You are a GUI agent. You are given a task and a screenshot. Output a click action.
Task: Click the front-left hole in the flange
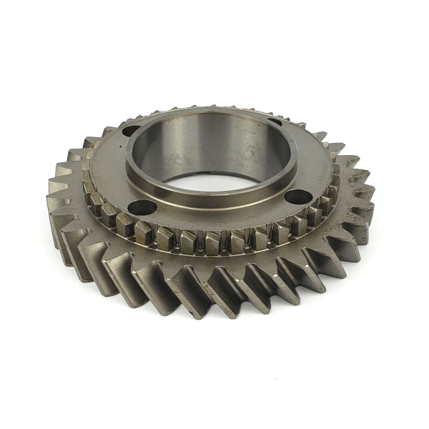tap(142, 207)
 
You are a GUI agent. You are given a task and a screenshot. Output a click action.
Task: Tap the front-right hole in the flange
tap(297, 196)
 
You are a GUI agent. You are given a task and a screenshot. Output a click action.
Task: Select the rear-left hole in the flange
tap(131, 131)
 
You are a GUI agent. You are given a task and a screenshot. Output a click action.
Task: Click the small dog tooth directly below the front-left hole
tap(143, 230)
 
